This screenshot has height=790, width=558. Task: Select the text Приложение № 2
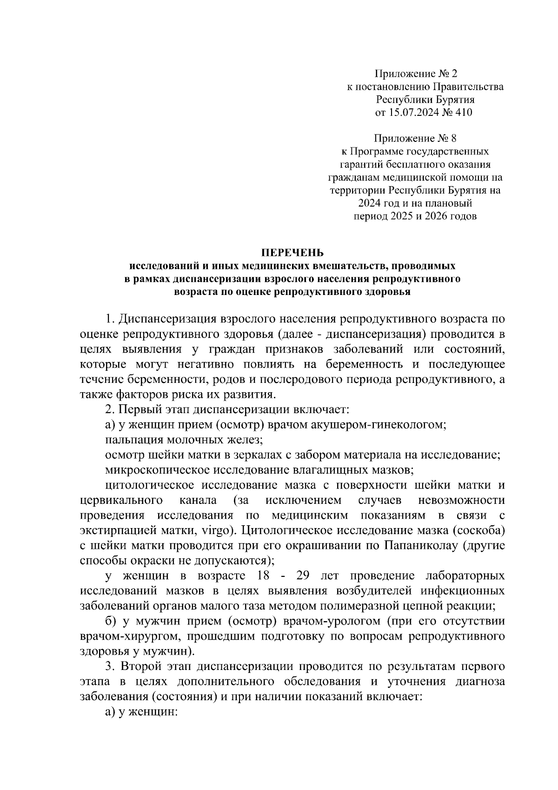point(417,74)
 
